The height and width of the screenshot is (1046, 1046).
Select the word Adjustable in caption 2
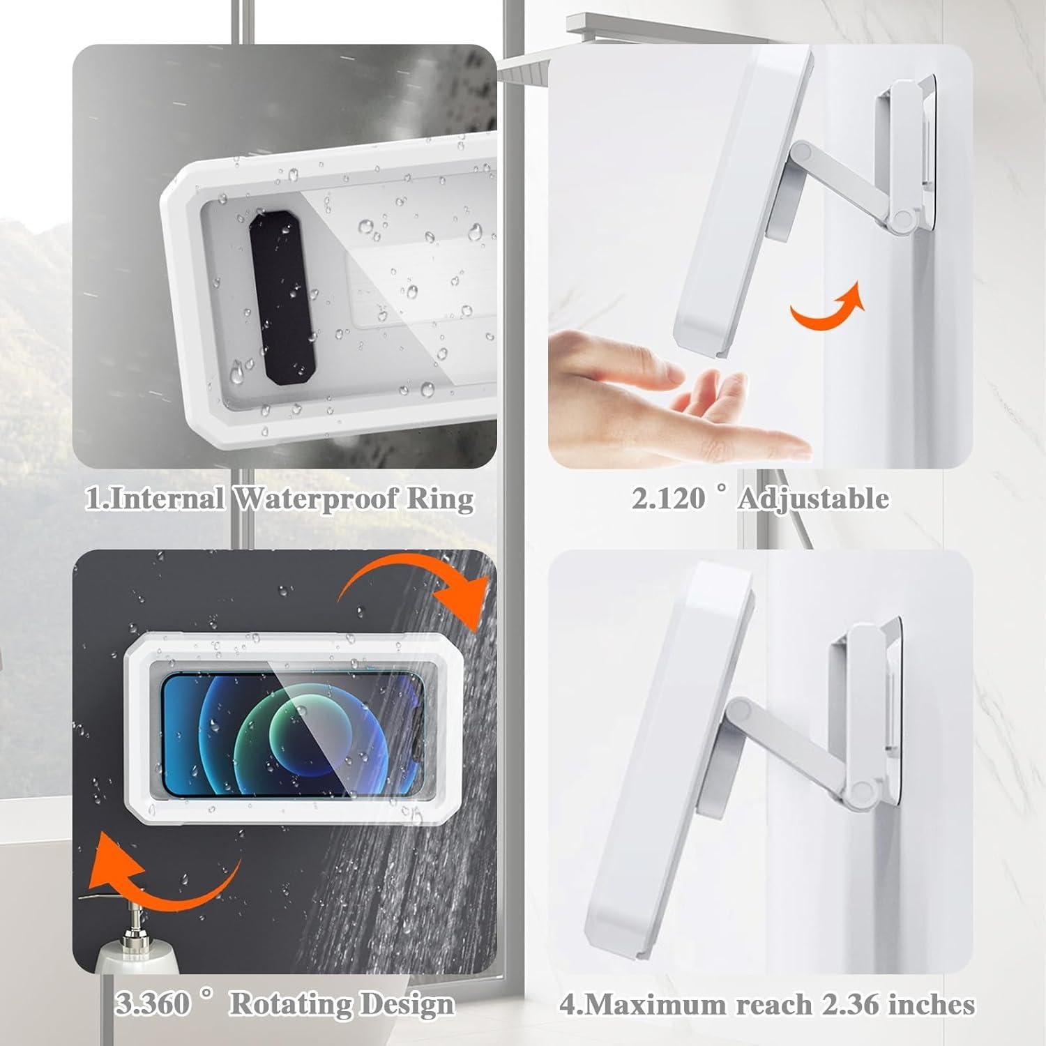click(x=813, y=499)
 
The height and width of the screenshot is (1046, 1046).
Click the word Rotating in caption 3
click(x=291, y=1004)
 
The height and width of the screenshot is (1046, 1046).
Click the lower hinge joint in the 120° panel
click(x=902, y=220)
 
